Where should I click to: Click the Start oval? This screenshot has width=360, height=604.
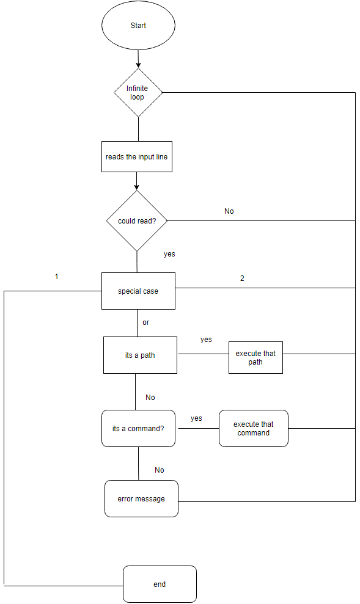tap(138, 26)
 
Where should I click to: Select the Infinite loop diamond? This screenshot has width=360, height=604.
tap(138, 92)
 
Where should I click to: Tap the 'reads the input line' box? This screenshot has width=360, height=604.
tap(136, 157)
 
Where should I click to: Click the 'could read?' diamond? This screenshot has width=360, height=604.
tap(137, 220)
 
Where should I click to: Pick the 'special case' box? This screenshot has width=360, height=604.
tap(138, 291)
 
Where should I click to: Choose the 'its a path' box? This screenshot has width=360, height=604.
tap(140, 355)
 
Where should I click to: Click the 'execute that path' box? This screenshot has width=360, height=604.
tap(255, 358)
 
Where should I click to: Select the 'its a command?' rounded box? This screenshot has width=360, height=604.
tap(138, 429)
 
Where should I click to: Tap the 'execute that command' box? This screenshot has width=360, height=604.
tap(253, 429)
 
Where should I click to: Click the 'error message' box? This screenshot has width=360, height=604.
tap(141, 499)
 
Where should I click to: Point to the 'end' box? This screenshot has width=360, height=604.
tap(160, 584)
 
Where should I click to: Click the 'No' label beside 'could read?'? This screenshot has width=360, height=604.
tap(229, 211)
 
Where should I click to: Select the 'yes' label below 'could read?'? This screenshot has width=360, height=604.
tap(169, 253)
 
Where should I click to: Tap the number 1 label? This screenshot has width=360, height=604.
tap(57, 277)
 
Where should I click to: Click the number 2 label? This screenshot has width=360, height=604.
tap(242, 278)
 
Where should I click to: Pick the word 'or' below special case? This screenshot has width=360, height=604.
tap(145, 322)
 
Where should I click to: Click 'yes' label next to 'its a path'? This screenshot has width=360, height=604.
tap(206, 340)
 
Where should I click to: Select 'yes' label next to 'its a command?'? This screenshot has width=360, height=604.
tap(196, 418)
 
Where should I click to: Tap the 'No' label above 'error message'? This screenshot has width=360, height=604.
tap(160, 470)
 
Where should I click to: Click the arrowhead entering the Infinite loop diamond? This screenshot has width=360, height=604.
tap(139, 64)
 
